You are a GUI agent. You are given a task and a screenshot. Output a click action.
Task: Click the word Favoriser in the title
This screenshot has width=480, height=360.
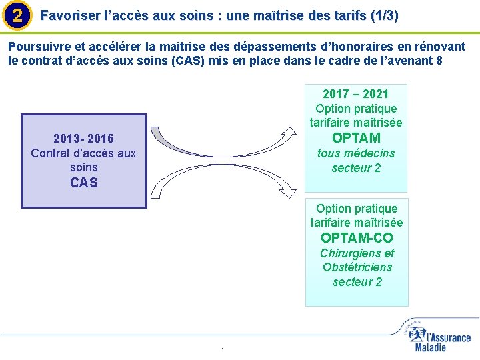(x=67, y=15)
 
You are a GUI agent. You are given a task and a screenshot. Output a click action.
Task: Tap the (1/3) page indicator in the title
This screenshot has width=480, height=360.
(x=385, y=15)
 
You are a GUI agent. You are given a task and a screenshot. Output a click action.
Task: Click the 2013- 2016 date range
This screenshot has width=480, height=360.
(x=83, y=139)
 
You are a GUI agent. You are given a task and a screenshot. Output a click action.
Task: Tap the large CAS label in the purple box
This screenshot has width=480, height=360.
(x=83, y=183)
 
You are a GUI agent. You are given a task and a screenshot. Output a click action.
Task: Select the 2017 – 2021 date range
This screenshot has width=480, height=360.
(x=356, y=94)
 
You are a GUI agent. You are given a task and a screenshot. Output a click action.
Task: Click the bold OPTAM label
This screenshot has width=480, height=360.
(x=356, y=138)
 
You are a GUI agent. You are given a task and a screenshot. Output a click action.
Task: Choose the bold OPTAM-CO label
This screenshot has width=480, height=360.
(x=357, y=238)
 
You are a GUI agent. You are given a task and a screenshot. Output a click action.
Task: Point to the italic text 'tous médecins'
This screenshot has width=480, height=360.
(x=356, y=153)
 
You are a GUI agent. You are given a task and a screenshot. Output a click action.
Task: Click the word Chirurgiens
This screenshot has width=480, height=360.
(x=357, y=253)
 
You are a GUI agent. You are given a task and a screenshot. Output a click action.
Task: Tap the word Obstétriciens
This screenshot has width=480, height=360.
(x=357, y=267)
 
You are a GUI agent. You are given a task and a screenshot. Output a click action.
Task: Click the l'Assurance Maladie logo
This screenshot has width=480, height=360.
(x=437, y=336)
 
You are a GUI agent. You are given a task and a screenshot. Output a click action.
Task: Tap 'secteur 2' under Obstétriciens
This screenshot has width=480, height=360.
(x=357, y=281)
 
